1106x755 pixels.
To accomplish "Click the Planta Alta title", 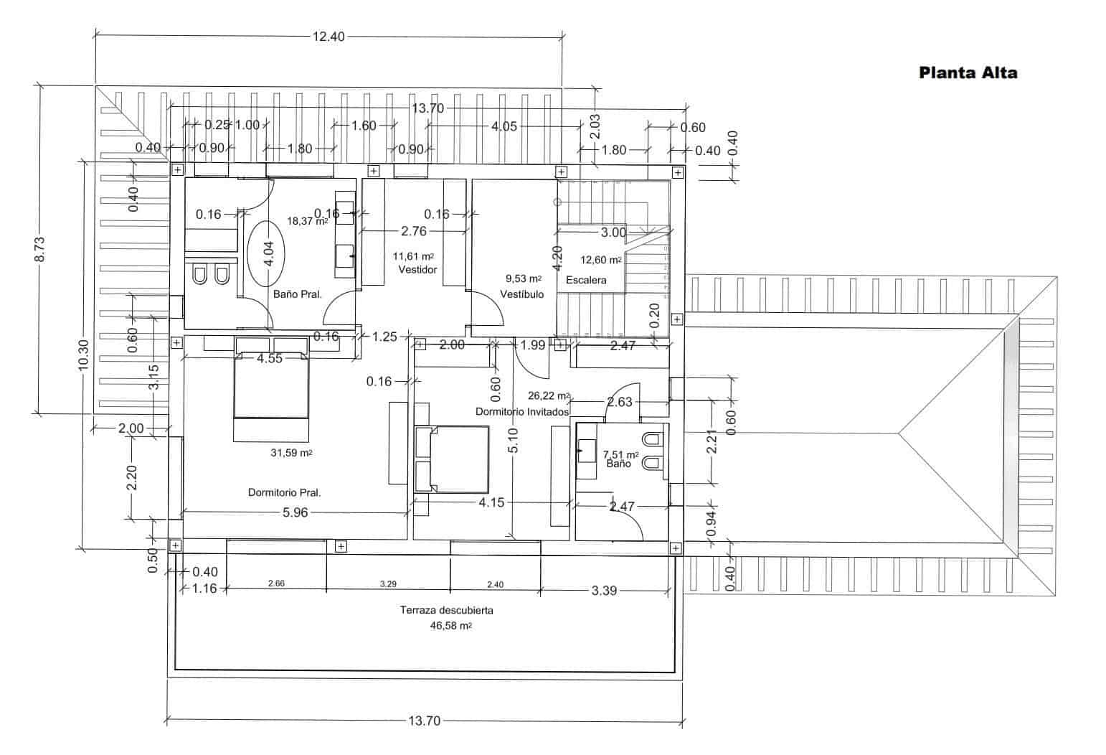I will pos(968,72).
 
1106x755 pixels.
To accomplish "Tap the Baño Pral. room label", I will pos(297,294).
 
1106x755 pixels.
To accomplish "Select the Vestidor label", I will pos(417,270).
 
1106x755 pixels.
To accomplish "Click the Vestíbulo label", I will pos(521,294).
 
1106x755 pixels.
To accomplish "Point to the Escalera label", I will pos(586,280).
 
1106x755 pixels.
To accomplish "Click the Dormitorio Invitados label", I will pos(522,412).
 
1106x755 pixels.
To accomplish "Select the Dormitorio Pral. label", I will pos(284,493).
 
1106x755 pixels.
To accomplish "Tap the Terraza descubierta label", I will pos(446,611).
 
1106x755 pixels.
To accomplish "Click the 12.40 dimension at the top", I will pos(328,37).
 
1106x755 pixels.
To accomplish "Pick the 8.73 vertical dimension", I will pos(40,249).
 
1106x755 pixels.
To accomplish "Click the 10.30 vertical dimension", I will pos(83,355).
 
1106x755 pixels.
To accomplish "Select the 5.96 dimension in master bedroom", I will pos(295,512).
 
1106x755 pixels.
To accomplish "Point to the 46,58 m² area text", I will pos(450,626).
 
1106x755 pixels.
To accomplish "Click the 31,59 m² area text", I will pos(290,453).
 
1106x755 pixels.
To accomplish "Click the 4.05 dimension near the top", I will pos(504,126).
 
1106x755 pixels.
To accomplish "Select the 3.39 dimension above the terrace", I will pos(604,591).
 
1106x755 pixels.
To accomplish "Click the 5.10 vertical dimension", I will pos(512,440).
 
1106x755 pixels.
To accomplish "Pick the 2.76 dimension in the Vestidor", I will pos(413,231).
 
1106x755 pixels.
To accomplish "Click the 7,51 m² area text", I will pos(620,454).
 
